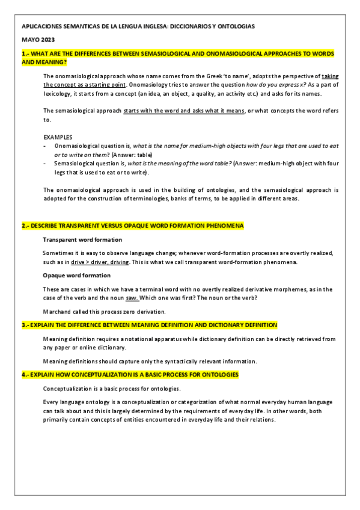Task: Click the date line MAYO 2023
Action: [37, 40]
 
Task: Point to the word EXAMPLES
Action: [58, 137]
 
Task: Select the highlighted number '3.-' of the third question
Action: [25, 325]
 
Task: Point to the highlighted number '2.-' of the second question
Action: [25, 226]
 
